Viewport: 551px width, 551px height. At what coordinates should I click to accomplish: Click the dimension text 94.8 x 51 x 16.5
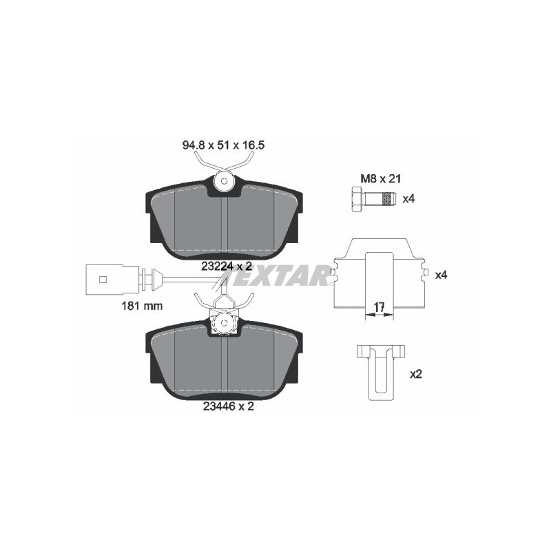223,146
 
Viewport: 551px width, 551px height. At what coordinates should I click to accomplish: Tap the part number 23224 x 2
225,267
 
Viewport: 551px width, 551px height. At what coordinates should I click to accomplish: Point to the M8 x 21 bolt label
377,179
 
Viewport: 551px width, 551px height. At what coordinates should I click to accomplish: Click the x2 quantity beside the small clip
415,375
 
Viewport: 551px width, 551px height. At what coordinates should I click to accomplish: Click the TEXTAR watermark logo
275,277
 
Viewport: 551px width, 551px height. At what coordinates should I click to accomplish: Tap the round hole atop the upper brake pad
222,183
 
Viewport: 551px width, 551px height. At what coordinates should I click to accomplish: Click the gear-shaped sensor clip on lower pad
223,323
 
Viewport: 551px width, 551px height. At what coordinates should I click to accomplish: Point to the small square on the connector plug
103,279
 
